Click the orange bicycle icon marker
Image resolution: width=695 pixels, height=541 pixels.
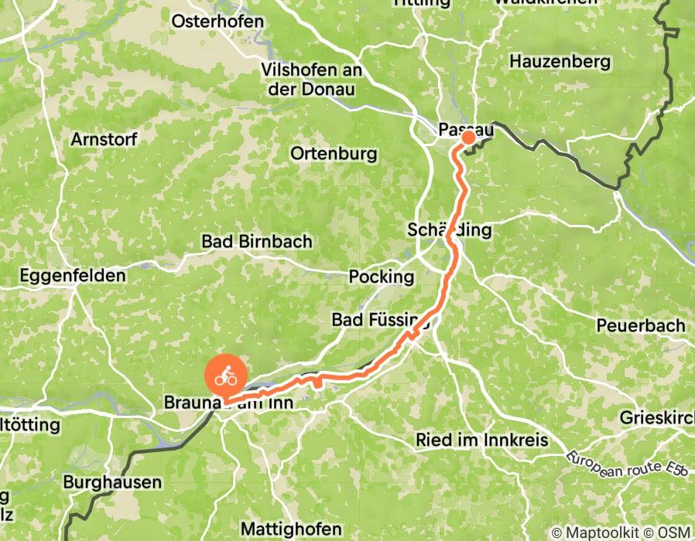tap(225, 377)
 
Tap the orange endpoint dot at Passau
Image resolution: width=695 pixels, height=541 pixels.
tap(469, 138)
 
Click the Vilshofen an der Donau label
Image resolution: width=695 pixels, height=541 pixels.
tap(312, 80)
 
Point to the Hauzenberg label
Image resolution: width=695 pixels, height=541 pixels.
tap(560, 61)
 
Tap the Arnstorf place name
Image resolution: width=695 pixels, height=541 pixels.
tap(104, 140)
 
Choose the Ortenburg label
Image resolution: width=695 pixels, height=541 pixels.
tap(334, 153)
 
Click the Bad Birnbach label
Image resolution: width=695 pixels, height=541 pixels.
tap(257, 241)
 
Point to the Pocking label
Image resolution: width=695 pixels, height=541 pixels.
tap(382, 276)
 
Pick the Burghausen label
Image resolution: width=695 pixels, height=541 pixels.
tap(113, 482)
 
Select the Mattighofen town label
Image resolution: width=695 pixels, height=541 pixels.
tap(291, 529)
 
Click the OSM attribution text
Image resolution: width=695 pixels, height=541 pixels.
tap(675, 532)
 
